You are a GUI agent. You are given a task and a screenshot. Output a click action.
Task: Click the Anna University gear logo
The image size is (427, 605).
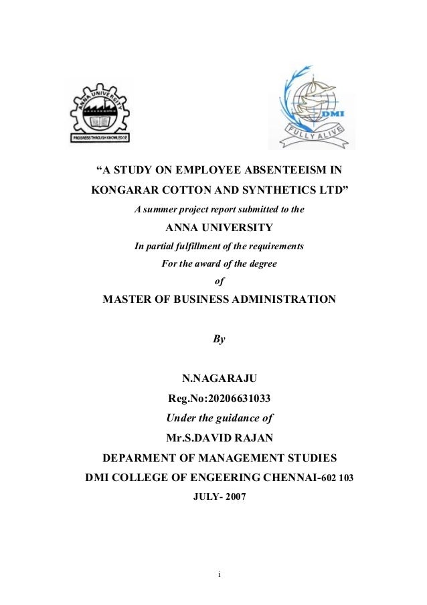(x=101, y=111)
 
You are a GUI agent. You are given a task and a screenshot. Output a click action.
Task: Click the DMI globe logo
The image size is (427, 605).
(x=313, y=108)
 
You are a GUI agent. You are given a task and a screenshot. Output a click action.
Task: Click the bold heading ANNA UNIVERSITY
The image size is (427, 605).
(x=219, y=227)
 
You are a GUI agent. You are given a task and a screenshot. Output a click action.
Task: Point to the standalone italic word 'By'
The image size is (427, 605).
(x=219, y=339)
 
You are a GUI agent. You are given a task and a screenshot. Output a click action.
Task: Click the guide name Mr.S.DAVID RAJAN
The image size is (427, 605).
(x=219, y=440)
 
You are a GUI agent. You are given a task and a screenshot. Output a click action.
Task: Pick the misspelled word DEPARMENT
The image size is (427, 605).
(x=141, y=459)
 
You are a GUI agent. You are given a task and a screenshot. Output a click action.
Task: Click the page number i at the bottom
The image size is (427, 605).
(x=219, y=574)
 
